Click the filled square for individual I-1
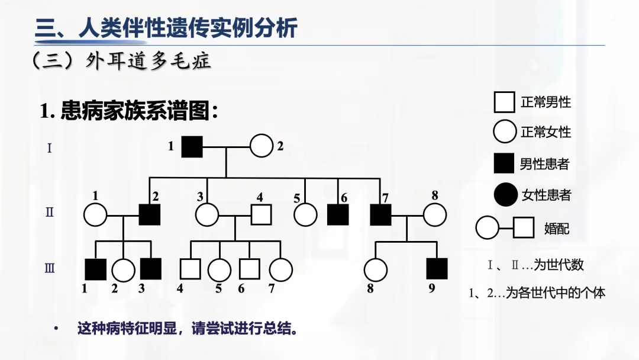tap(192, 146)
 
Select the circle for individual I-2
tap(261, 146)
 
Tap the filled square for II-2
tap(150, 214)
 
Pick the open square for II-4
tap(261, 214)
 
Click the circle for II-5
tap(306, 214)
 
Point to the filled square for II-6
tap(338, 214)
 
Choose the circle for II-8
tap(434, 214)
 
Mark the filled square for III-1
tap(95, 269)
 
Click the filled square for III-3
tap(150, 269)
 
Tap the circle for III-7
tap(280, 269)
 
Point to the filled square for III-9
tap(437, 269)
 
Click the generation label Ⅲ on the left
tap(50, 269)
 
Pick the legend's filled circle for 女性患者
tap(505, 194)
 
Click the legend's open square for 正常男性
tap(504, 102)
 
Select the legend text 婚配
tap(556, 227)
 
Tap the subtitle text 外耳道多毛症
tap(148, 61)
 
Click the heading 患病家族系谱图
tap(139, 111)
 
